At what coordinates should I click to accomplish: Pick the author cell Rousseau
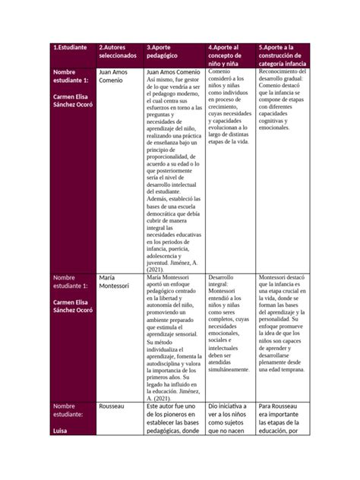tap(114, 406)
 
